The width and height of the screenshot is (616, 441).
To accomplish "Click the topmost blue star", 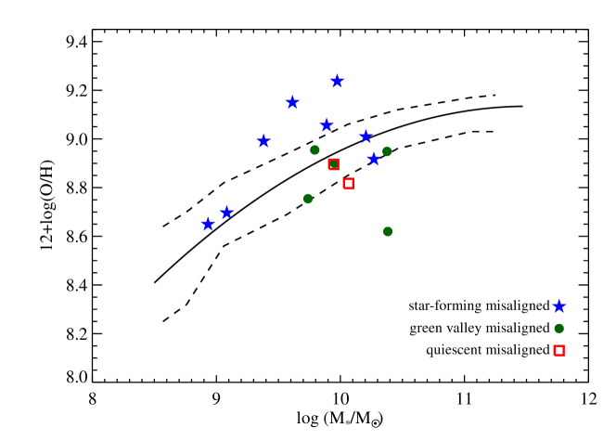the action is (x=337, y=81).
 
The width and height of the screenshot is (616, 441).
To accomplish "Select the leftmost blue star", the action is (x=208, y=224).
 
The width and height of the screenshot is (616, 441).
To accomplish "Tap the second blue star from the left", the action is (x=226, y=213).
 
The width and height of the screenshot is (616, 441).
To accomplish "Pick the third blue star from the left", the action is (x=263, y=141).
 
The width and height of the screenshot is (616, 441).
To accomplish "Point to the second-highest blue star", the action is (x=292, y=102).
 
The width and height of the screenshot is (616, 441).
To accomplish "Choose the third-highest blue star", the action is (x=327, y=124).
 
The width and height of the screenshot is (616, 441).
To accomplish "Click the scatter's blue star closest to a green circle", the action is (x=374, y=159).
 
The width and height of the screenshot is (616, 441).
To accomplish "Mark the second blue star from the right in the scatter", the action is (x=366, y=136).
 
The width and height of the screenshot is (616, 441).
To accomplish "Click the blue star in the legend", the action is (x=559, y=306).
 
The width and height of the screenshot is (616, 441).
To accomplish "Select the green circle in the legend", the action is (x=558, y=328).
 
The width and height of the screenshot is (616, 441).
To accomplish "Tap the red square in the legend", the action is (x=558, y=350).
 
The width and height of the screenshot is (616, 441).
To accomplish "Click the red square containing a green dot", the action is (x=334, y=164).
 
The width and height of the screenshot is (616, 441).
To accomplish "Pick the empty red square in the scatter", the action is (x=348, y=184).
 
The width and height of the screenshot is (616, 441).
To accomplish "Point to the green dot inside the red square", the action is (x=334, y=164).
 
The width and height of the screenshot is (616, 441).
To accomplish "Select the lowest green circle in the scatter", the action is (x=388, y=231).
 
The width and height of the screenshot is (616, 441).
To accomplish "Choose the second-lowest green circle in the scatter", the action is (x=308, y=198).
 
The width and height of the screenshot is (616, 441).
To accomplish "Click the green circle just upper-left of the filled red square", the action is (x=314, y=149).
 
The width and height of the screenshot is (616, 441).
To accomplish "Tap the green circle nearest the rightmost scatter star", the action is (x=387, y=151).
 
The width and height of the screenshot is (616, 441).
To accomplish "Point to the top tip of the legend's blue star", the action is (x=559, y=299).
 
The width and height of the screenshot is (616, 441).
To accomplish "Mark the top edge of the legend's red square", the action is (x=558, y=345).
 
